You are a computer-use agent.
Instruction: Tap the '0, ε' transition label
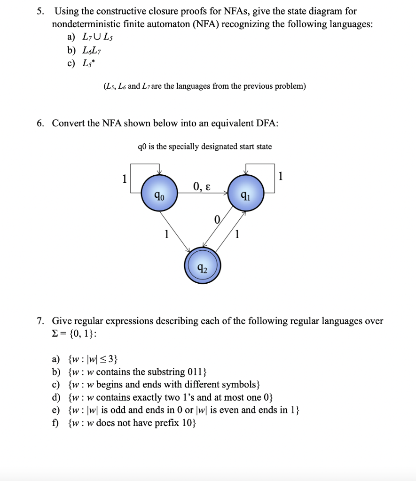pyautogui.click(x=201, y=187)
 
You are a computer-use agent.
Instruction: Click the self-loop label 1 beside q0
pyautogui.click(x=124, y=178)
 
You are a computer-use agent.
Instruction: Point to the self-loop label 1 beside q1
pyautogui.click(x=281, y=177)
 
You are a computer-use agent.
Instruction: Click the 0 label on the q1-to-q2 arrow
pyautogui.click(x=217, y=219)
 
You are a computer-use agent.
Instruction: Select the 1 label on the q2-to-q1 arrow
pyautogui.click(x=237, y=233)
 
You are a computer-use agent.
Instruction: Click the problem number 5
pyautogui.click(x=41, y=11)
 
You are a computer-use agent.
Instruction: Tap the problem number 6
pyautogui.click(x=41, y=123)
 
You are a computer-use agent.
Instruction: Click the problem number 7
pyautogui.click(x=41, y=321)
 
